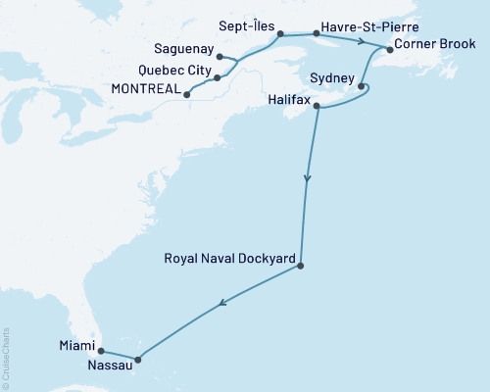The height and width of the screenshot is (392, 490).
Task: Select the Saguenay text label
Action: coord(183,48)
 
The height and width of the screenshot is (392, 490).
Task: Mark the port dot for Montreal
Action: coord(186,95)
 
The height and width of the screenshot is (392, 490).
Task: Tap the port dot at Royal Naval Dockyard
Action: coord(300,266)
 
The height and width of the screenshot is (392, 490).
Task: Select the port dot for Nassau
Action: coord(137,360)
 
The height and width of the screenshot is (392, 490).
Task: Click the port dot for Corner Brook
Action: coord(390,49)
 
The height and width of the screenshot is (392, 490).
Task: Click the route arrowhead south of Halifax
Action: coord(309,178)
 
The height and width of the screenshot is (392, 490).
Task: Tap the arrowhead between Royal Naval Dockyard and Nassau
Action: coord(222,304)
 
